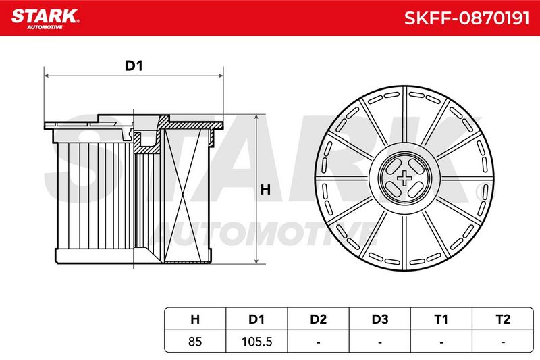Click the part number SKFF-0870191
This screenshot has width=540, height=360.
[466, 18]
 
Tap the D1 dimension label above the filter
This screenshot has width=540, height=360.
[134, 66]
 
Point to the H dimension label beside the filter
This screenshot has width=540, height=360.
[265, 190]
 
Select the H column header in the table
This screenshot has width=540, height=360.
[195, 319]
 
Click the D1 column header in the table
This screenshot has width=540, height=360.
[256, 319]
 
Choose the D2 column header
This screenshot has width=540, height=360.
[318, 319]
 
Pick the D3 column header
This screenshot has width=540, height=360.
[380, 319]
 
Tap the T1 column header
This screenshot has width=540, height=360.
[441, 319]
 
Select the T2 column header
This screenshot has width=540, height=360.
[503, 319]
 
